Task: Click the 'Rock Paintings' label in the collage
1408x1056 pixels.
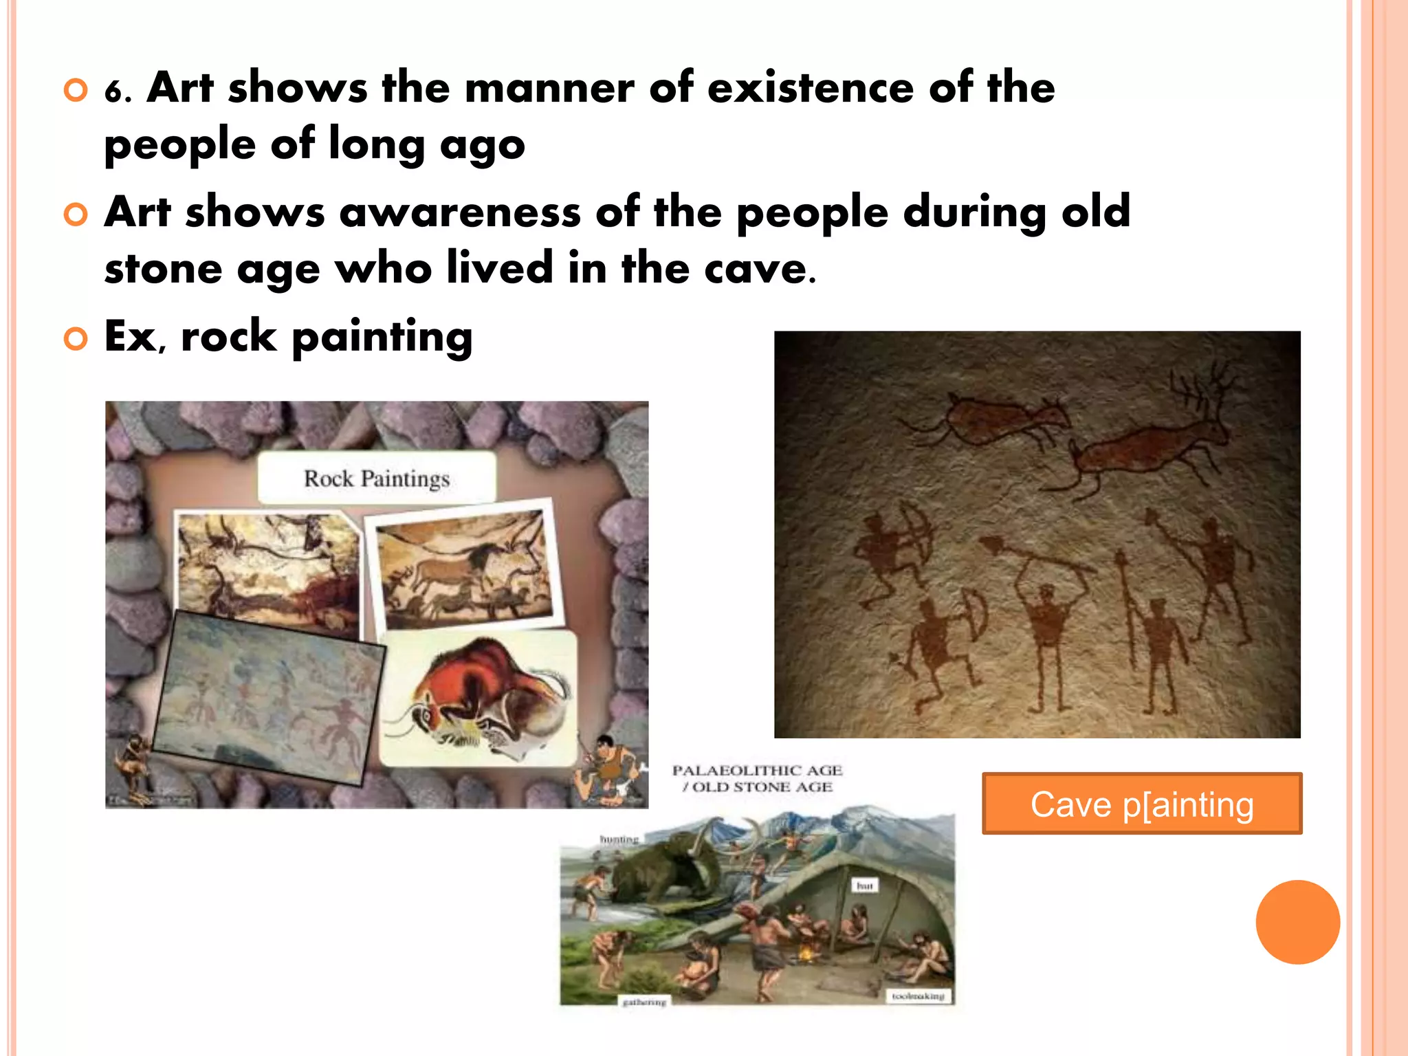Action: [x=377, y=478]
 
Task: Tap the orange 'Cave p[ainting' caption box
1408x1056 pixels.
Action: [x=1142, y=804]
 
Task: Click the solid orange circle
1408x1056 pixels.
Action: [x=1297, y=922]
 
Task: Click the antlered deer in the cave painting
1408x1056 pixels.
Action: [x=1155, y=440]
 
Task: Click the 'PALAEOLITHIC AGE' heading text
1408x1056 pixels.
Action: [x=757, y=771]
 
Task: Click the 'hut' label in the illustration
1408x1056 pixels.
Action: [x=864, y=886]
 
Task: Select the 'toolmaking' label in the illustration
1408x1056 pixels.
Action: [x=918, y=995]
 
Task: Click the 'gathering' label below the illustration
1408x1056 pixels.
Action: [x=644, y=1002]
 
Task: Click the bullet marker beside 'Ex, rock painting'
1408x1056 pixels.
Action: [x=76, y=338]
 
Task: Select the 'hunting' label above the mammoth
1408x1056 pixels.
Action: [x=619, y=839]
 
